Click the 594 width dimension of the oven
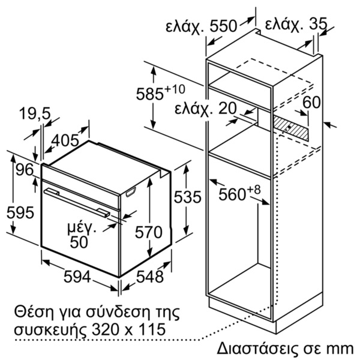click(x=77, y=277)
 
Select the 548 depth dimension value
click(x=150, y=277)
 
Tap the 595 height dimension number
click(x=20, y=212)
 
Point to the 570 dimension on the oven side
click(x=149, y=232)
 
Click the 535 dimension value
click(x=187, y=197)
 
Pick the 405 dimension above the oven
click(x=65, y=140)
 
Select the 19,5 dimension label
click(x=35, y=113)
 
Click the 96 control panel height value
click(x=25, y=170)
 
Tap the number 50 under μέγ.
click(x=79, y=242)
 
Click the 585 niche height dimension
click(x=149, y=94)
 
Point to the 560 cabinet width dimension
click(x=232, y=195)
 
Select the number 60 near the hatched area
click(x=311, y=102)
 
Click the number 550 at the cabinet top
click(x=223, y=26)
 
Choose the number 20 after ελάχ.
click(x=227, y=108)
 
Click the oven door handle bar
click(x=76, y=202)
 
